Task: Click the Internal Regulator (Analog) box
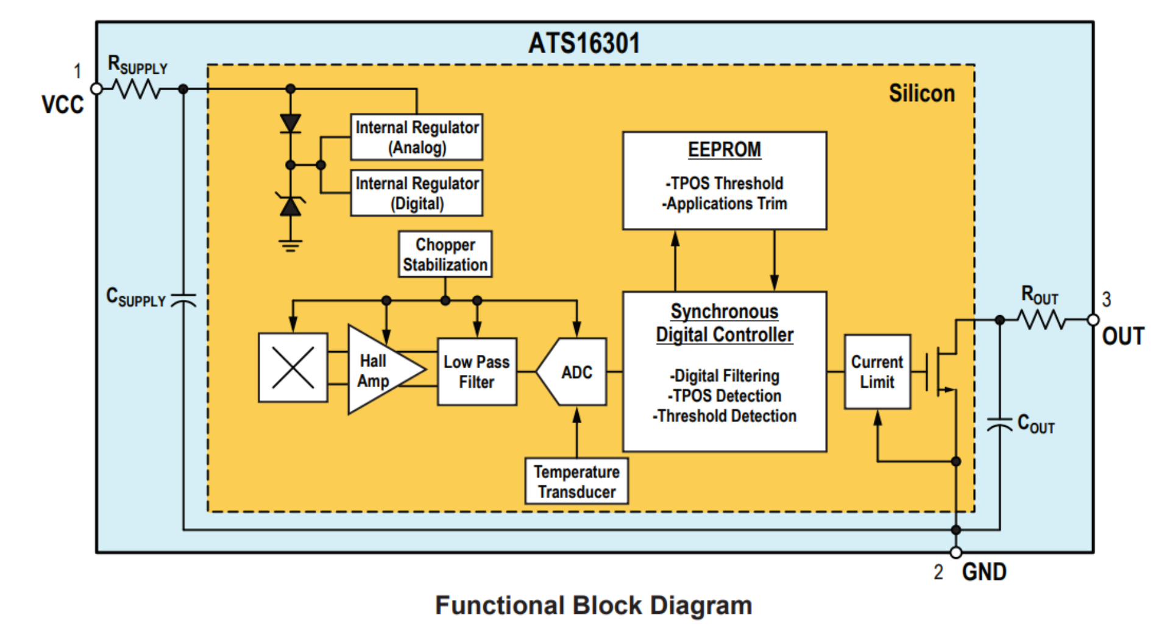coord(417,137)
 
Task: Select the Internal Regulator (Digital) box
coord(417,193)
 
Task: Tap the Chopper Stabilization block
coord(445,254)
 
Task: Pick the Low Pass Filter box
coord(477,372)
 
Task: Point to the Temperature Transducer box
coord(576,482)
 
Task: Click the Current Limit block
coord(877,372)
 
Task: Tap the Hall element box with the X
coord(293,368)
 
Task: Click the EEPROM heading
coord(724,149)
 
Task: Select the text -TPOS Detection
coord(724,396)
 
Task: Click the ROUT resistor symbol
coord(1043,319)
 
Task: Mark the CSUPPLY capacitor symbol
coord(183,300)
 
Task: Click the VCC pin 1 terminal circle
coord(96,89)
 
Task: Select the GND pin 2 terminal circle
coord(955,552)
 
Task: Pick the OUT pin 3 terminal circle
coord(1093,319)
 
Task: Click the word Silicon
coord(921,93)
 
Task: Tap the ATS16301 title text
coord(584,43)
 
